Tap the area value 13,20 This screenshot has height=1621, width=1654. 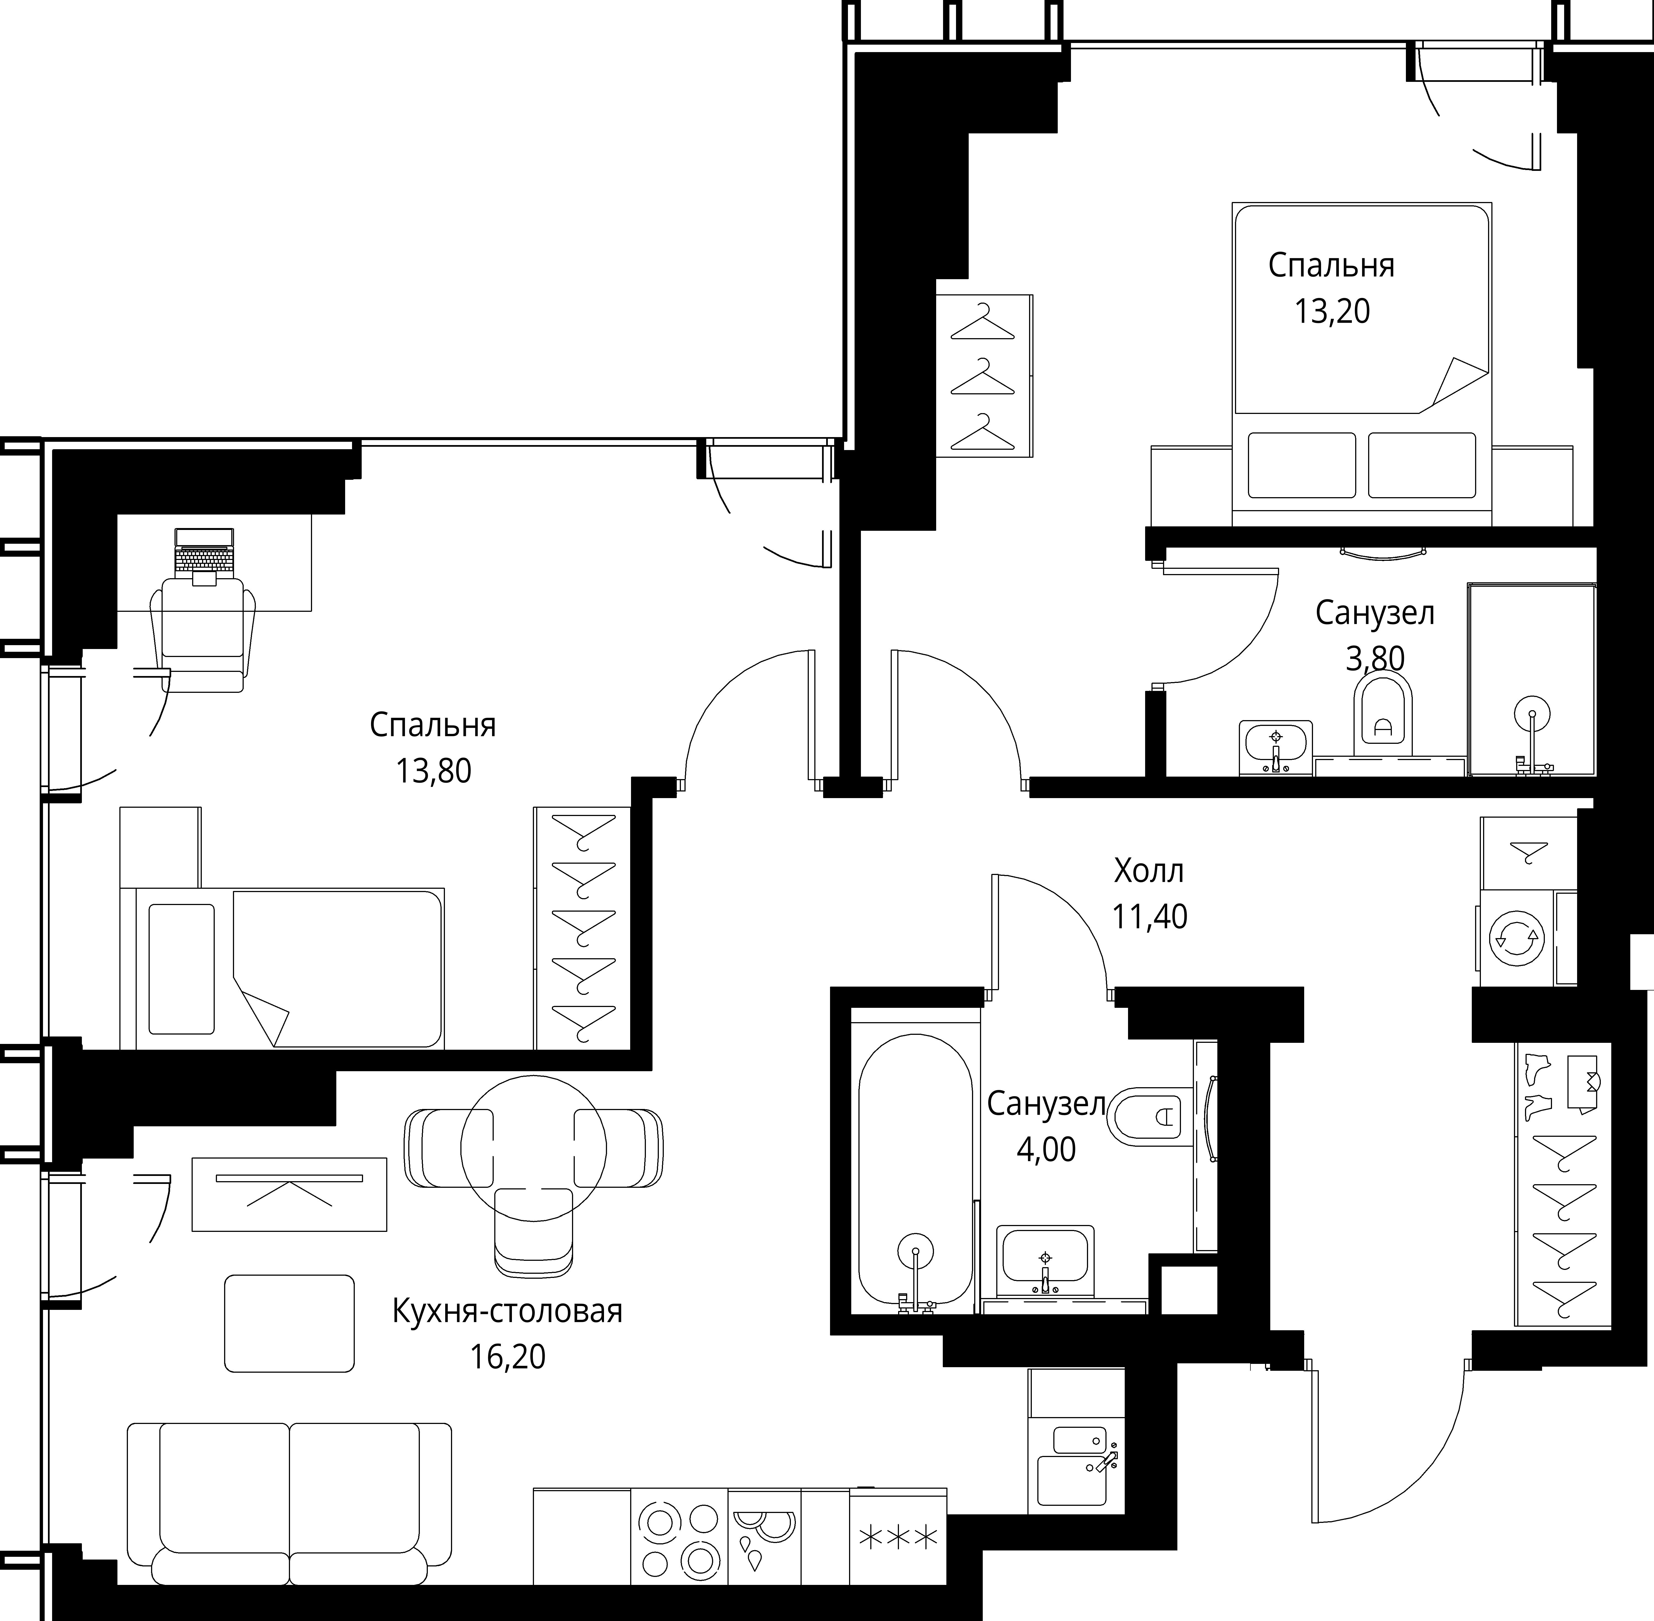point(1332,312)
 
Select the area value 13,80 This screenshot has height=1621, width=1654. point(433,771)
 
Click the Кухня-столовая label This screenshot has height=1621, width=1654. point(508,1311)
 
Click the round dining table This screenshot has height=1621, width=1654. point(533,1148)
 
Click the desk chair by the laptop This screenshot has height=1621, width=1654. point(203,634)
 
